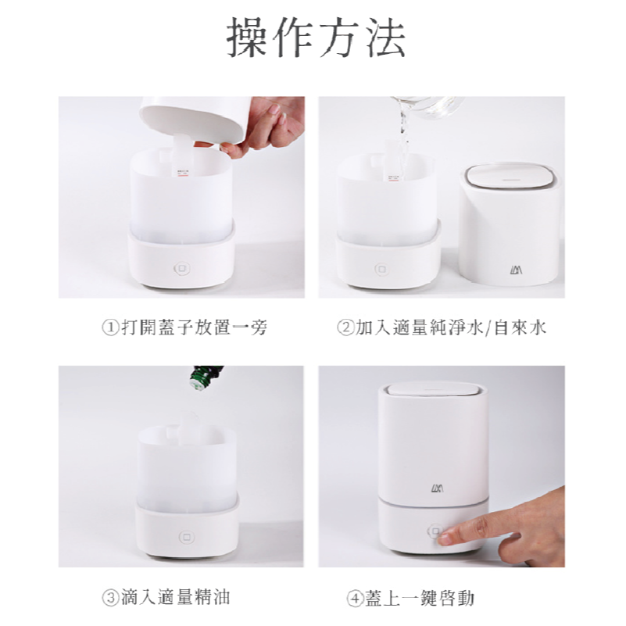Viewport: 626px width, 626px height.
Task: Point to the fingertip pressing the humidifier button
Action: coord(447,538)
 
